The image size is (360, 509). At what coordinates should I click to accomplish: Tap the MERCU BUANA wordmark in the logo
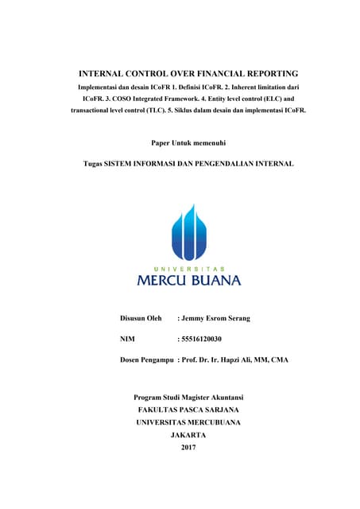tap(188, 280)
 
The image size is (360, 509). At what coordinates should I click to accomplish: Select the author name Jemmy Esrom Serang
tap(215, 318)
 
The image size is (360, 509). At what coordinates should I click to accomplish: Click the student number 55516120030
tap(202, 339)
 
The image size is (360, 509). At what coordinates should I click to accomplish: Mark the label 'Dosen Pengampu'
tap(146, 359)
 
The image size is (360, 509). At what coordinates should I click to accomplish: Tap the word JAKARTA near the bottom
tap(188, 435)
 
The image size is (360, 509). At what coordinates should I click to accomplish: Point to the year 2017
tap(188, 448)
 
